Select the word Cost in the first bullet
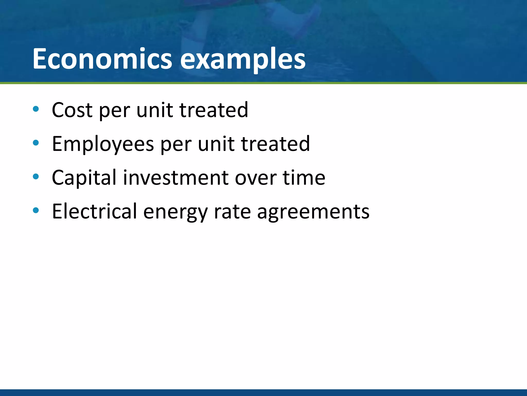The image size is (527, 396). (72, 110)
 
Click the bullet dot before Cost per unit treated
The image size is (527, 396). (36, 109)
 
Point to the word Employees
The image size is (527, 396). (103, 144)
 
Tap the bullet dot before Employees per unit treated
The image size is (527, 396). (36, 143)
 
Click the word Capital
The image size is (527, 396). (84, 178)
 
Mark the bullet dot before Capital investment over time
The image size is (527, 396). (36, 177)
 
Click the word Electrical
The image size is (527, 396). (94, 211)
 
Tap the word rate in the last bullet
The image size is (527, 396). (232, 212)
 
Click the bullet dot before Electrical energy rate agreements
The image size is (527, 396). (36, 210)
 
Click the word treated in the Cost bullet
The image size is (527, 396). (214, 110)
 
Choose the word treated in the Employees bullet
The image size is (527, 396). (275, 144)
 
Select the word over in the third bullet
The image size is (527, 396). (256, 178)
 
